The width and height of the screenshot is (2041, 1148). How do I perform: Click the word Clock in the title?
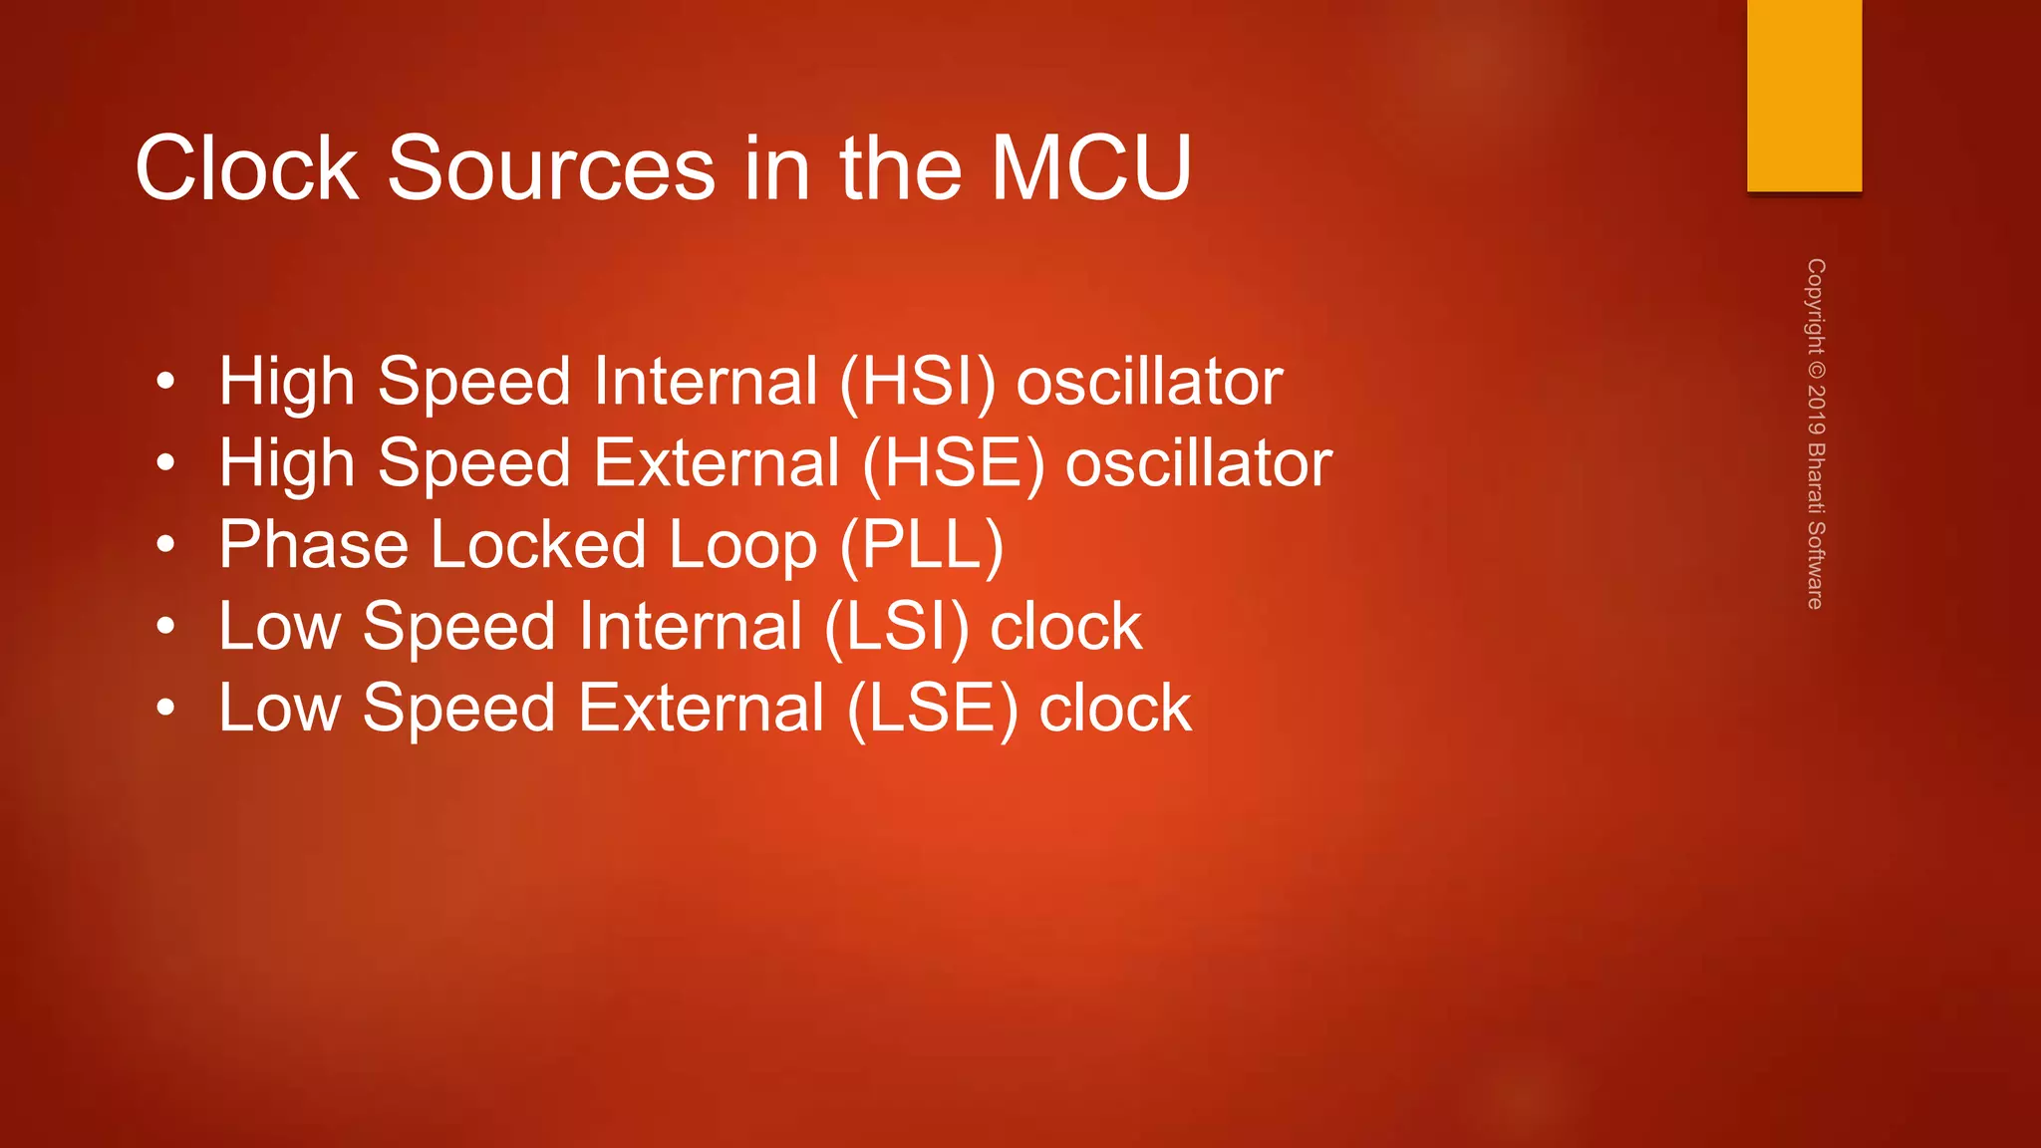[246, 168]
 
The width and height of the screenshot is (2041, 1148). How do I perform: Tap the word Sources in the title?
[550, 168]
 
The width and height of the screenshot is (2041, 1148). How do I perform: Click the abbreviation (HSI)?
[917, 383]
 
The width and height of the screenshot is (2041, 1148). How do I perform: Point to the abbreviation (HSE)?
[954, 464]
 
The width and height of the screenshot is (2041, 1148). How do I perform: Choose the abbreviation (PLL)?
[922, 546]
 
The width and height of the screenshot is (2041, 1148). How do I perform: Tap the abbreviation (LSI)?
[897, 628]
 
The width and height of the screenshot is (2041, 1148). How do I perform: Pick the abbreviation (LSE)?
[933, 710]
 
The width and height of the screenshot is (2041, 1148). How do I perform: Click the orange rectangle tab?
[1804, 96]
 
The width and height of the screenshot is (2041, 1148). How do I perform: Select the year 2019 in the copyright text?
[1816, 409]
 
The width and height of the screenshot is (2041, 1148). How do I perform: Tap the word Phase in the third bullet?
[313, 545]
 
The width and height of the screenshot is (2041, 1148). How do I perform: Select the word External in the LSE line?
[702, 709]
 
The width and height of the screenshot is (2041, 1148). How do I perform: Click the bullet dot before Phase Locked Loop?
[165, 545]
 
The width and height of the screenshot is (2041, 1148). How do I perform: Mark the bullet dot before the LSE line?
[165, 709]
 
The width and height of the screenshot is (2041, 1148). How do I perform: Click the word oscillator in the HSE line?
[1198, 463]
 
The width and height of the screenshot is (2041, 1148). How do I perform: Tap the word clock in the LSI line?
[1065, 627]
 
